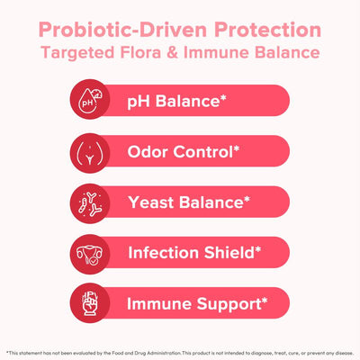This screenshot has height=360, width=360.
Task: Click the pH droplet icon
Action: [x=91, y=102]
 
